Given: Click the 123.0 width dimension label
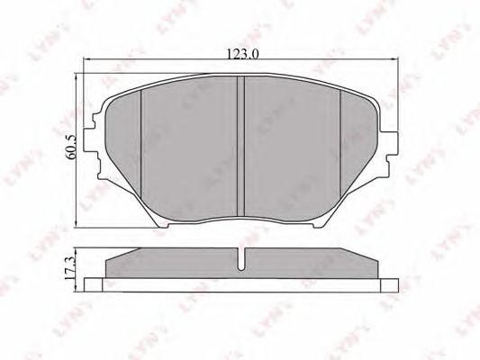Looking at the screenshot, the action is [243, 54].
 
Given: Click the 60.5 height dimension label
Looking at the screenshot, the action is [71, 148].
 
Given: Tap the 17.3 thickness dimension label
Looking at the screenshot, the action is [70, 267].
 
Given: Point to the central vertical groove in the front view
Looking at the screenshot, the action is [241, 146].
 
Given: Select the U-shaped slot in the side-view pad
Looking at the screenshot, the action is [241, 259].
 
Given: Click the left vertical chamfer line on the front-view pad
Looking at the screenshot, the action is [140, 144].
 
